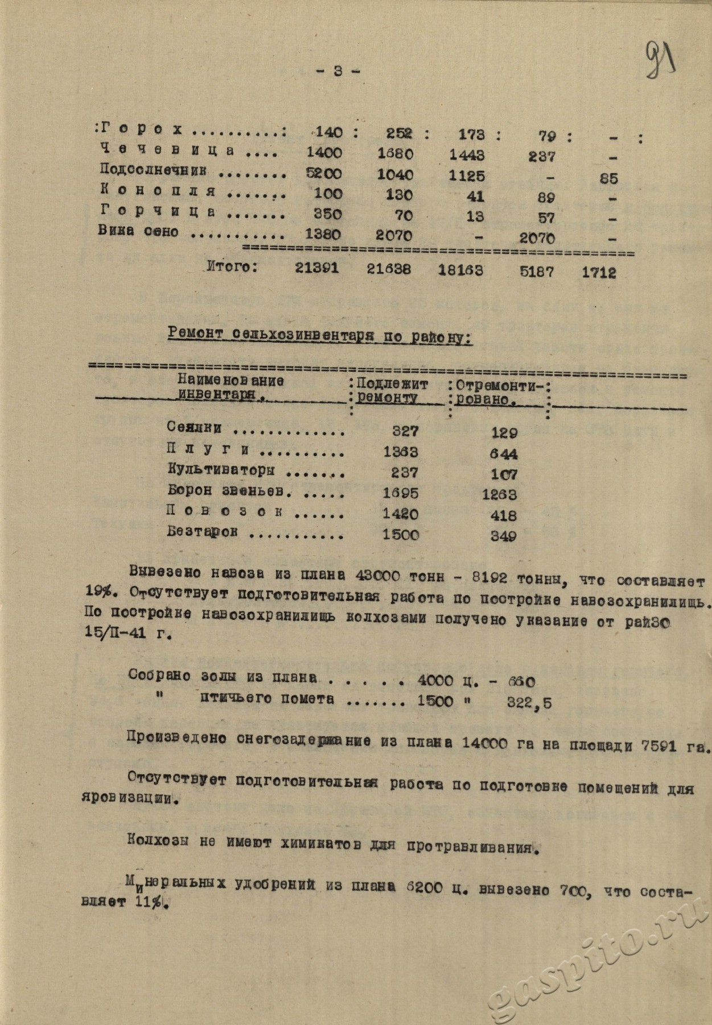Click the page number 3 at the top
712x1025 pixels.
tap(338, 71)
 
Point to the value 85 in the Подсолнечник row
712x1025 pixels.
tap(608, 178)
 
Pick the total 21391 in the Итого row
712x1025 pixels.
tap(317, 268)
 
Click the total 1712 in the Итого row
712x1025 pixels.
tap(599, 272)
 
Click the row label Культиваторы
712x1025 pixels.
tap(221, 471)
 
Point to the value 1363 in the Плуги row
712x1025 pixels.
tap(400, 452)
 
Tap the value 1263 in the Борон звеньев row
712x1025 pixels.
tap(499, 494)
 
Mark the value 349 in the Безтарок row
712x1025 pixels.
tap(504, 536)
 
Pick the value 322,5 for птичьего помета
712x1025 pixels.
tap(529, 703)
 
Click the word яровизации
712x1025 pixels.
tap(150, 799)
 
